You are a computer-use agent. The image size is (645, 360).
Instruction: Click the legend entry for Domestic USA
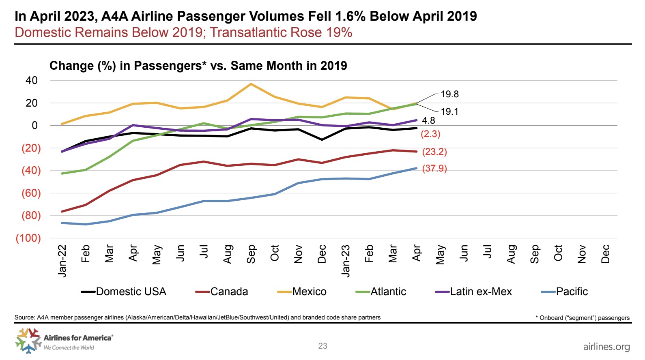pos(124,291)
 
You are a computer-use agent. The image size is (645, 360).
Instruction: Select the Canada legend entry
pos(222,291)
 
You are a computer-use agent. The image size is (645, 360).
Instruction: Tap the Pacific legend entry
pos(565,291)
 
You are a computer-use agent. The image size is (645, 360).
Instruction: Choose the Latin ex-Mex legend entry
pos(474,291)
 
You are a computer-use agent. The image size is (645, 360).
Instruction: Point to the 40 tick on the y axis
pos(32,80)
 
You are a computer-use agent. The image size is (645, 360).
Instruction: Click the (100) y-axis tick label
pos(28,238)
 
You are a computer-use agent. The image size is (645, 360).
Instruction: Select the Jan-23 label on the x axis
pos(346,260)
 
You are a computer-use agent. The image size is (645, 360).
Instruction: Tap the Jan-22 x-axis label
pos(62,260)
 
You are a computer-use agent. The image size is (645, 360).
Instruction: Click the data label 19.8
pos(449,94)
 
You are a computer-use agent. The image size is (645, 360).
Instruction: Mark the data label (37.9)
pos(434,168)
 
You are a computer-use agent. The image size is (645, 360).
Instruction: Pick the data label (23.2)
pos(434,152)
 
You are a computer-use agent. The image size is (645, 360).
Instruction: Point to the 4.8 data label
pos(428,120)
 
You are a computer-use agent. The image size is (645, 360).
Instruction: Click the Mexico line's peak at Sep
pos(251,84)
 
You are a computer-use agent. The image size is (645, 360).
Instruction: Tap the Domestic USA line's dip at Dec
pos(322,139)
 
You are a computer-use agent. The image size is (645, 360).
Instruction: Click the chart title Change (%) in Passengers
pos(198,66)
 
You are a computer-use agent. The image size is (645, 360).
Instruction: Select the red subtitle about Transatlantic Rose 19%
pos(183,32)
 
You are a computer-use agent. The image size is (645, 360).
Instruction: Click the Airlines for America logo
pos(64,341)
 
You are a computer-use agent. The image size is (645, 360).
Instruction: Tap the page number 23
pos(322,346)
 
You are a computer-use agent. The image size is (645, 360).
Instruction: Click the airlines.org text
pos(606,347)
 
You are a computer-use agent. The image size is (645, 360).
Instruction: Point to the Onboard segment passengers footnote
pos(583,318)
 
